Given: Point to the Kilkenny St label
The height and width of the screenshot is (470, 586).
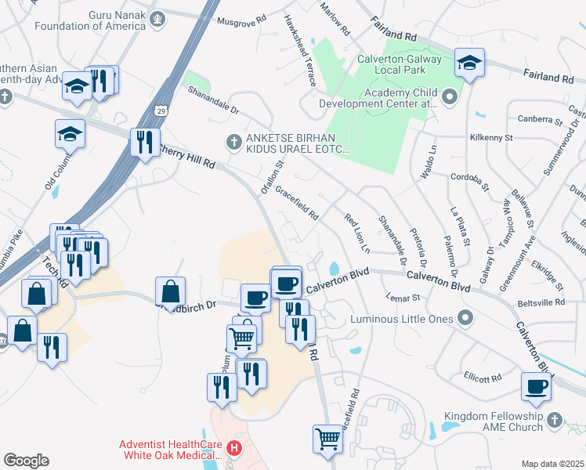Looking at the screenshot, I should [490, 137].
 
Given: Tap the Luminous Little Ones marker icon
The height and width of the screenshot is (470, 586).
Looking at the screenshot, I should [465, 318].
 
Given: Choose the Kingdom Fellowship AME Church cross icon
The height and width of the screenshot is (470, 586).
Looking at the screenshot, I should [555, 420].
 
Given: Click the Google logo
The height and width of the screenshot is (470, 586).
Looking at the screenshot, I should [26, 460].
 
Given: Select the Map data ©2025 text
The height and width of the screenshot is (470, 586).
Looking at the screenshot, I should [552, 464].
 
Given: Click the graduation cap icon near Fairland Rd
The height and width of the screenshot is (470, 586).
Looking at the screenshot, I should [469, 63].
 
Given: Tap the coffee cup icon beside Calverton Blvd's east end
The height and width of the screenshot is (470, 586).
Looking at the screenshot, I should [537, 386].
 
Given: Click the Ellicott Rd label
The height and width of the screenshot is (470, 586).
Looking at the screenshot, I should [482, 378].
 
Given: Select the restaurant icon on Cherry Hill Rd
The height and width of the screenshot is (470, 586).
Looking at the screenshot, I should [144, 143].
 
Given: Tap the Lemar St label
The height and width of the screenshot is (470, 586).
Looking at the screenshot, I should [403, 297].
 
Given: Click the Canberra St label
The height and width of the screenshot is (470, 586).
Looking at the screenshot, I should [541, 121].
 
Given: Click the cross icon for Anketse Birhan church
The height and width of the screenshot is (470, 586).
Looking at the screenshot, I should [233, 142].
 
